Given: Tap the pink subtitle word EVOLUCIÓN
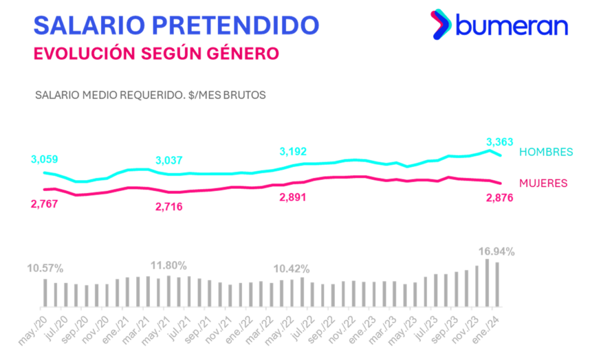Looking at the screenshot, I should tap(83, 53).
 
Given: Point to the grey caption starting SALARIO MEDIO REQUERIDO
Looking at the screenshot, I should tap(150, 95).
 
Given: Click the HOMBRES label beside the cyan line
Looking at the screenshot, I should tap(545, 151).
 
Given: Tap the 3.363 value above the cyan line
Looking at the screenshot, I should tap(499, 142).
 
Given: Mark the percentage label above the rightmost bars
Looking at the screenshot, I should tap(497, 251).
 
